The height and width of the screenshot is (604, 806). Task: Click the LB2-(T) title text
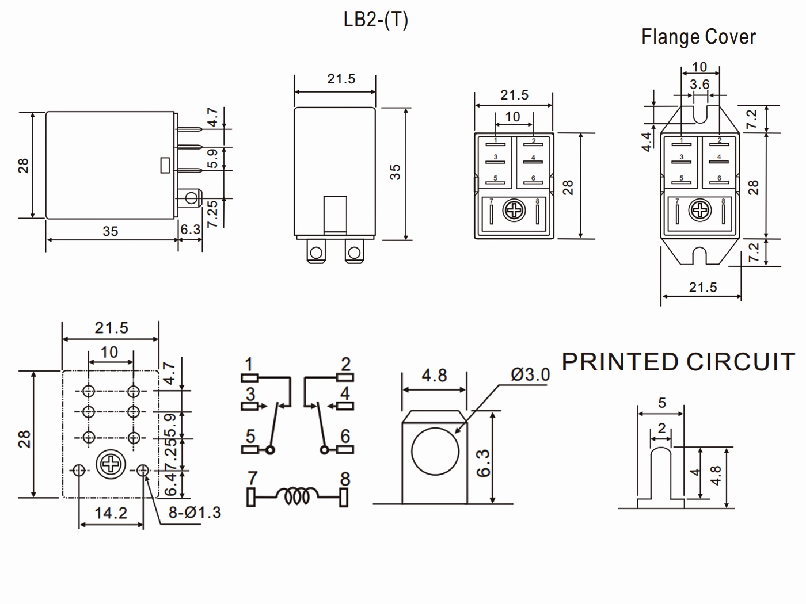375,20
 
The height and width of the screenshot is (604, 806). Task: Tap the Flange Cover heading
698,37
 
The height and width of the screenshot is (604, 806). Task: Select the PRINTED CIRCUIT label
679,362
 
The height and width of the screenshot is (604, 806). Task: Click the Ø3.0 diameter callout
530,374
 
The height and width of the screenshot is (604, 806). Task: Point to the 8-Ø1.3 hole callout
195,513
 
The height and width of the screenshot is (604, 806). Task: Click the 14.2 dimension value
111,513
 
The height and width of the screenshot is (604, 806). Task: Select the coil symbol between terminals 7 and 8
296,496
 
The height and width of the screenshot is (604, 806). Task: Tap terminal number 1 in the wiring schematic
249,365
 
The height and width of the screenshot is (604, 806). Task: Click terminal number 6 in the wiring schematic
345,436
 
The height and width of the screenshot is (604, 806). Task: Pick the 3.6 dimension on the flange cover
699,85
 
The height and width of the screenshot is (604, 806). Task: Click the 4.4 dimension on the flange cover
647,142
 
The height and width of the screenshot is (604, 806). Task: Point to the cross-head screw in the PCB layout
111,465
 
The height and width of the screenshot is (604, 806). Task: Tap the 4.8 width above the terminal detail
434,376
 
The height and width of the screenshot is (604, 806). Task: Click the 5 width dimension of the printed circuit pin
661,403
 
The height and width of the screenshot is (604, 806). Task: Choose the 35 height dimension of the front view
395,172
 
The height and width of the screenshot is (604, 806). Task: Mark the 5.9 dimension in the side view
212,158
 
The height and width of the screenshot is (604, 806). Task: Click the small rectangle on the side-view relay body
165,166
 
